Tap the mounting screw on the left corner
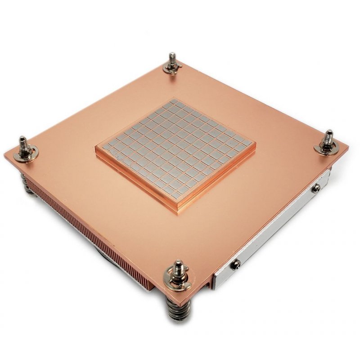click(x=23, y=146)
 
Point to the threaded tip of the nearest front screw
click(x=178, y=265)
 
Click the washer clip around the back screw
click(x=172, y=68)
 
